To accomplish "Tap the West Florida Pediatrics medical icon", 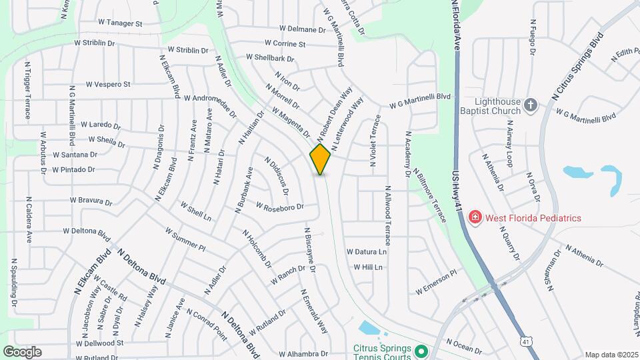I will point(475,218).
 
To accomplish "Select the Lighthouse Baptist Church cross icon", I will point(531,105).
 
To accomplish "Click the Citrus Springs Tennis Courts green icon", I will point(420,351).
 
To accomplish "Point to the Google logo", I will point(22,352).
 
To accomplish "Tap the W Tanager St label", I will point(121,23).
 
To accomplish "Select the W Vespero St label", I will point(108,85).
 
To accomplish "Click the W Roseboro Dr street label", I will point(280,207).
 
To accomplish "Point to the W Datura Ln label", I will point(366,252).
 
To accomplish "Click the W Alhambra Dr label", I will point(303,354).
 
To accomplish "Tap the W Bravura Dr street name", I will point(91,200).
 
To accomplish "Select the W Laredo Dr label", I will point(101,125).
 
